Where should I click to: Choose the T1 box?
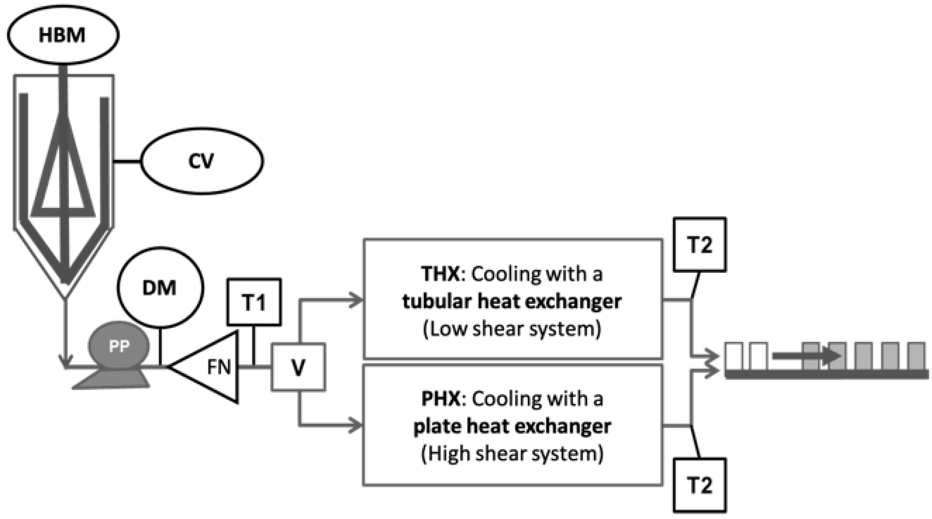[254, 302]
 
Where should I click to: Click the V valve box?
[298, 367]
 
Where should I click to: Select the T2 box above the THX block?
[700, 244]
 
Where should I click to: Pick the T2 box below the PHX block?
[700, 485]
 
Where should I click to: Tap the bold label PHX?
[441, 399]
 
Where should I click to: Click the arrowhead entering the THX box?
[356, 300]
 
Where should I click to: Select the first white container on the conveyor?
[734, 356]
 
